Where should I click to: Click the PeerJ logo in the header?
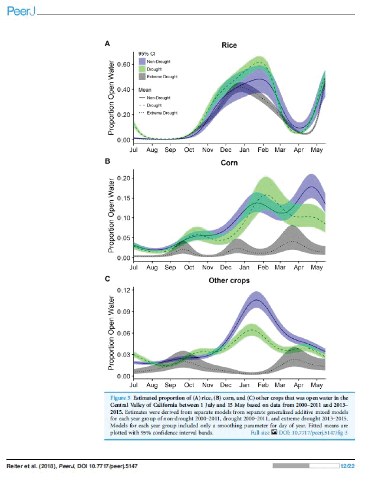20,12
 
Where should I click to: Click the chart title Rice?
229,45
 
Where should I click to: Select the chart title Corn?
229,163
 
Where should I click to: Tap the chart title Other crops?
229,280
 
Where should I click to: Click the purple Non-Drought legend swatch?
142,62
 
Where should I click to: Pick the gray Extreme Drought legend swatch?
142,76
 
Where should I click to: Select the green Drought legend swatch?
142,69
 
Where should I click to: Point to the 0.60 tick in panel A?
123,64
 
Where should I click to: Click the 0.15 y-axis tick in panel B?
123,198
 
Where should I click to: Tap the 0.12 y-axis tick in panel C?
123,290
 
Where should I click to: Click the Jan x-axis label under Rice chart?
244,150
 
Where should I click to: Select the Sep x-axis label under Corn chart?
170,267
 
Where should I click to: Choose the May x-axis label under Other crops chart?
317,385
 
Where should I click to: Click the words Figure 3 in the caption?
120,398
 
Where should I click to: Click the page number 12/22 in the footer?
348,466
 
